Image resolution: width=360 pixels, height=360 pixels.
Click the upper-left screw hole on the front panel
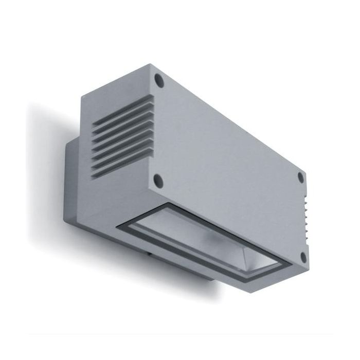(x=159, y=80)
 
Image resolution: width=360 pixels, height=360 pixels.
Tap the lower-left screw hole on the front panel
(x=158, y=179)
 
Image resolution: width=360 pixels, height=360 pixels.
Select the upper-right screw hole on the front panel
(x=301, y=178)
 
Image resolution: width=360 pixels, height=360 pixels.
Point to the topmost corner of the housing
(x=150, y=65)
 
